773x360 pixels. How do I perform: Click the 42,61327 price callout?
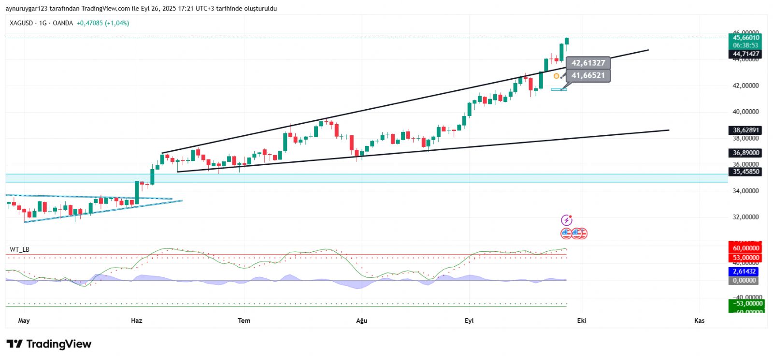pyautogui.click(x=588, y=63)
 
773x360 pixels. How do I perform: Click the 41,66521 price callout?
pyautogui.click(x=588, y=75)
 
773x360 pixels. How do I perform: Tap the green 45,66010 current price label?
pyautogui.click(x=745, y=38)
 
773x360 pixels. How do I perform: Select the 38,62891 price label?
pyautogui.click(x=745, y=130)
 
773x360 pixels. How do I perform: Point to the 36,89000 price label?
pyautogui.click(x=745, y=153)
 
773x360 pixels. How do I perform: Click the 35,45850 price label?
pyautogui.click(x=745, y=172)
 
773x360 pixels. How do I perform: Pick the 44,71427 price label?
pyautogui.click(x=745, y=54)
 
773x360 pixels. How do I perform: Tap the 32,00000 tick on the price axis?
pyautogui.click(x=745, y=217)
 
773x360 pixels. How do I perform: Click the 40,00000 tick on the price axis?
pyautogui.click(x=745, y=112)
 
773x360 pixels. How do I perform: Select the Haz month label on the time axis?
pyautogui.click(x=137, y=320)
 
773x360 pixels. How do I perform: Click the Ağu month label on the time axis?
pyautogui.click(x=361, y=320)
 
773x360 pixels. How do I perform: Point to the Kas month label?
pyautogui.click(x=699, y=320)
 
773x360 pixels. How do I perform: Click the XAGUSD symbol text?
pyautogui.click(x=21, y=23)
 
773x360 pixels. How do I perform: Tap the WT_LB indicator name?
pyautogui.click(x=19, y=249)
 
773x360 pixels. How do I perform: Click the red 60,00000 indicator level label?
pyautogui.click(x=745, y=248)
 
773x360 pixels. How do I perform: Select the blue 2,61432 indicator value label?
pyautogui.click(x=744, y=272)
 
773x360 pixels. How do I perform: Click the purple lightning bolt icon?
pyautogui.click(x=567, y=220)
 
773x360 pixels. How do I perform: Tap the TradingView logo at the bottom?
pyautogui.click(x=49, y=344)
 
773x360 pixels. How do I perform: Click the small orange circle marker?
pyautogui.click(x=556, y=76)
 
